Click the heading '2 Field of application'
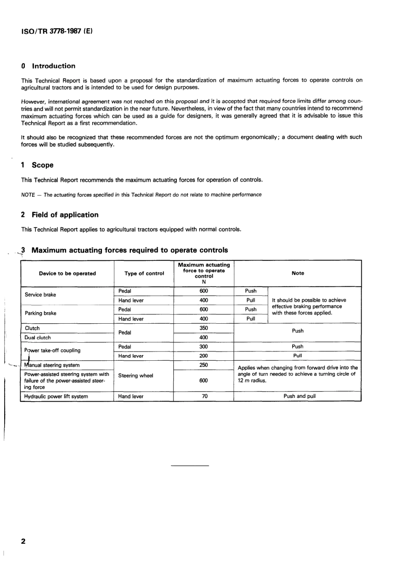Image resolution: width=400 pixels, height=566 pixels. pos(59,215)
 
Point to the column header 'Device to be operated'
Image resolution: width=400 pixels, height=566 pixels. pos(67,274)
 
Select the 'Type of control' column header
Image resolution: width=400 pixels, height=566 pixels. pos(144,274)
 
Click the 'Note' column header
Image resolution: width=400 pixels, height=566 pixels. pos(298,273)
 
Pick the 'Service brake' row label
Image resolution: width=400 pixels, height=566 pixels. pos(40,295)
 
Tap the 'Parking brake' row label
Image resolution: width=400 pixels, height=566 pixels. pos(40,313)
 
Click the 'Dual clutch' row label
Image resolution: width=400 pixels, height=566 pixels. pos(38,338)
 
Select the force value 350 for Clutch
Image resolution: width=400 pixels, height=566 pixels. pos(204,328)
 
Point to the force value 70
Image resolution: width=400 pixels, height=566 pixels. pos(204,396)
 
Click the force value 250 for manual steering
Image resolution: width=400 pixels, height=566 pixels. pos(204,365)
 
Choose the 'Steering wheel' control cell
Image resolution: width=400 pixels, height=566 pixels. pos(136,376)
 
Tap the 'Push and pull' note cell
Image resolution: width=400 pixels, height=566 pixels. pos(299,396)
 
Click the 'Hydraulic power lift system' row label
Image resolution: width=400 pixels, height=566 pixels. pos(56,397)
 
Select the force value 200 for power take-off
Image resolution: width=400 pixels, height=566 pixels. pos(204,356)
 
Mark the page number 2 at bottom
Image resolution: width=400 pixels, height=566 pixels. pos(23,541)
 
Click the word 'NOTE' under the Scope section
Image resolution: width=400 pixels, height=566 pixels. pos(28,195)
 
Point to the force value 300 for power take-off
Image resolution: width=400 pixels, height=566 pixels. pos(204,346)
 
